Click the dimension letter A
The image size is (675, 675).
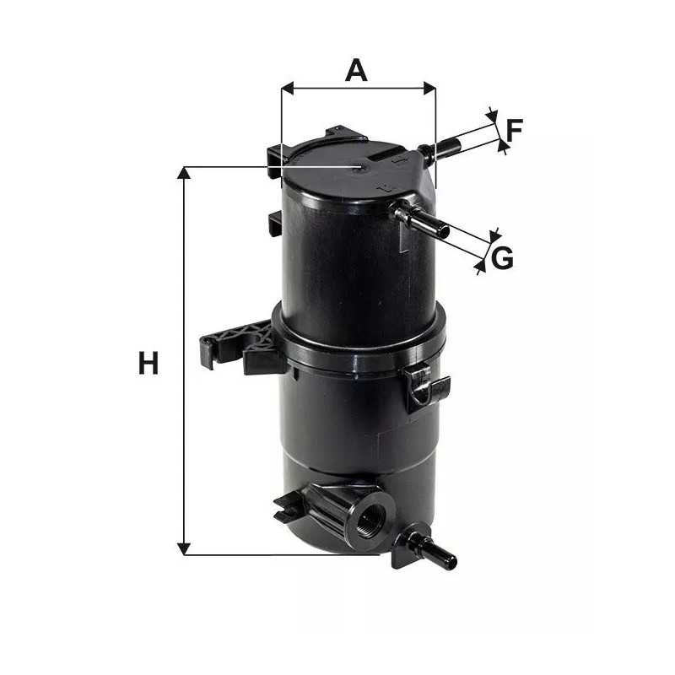[x=357, y=71]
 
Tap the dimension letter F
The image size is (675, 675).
[x=515, y=130]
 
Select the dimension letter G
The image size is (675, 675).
[x=502, y=258]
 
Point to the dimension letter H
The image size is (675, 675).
[x=148, y=364]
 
